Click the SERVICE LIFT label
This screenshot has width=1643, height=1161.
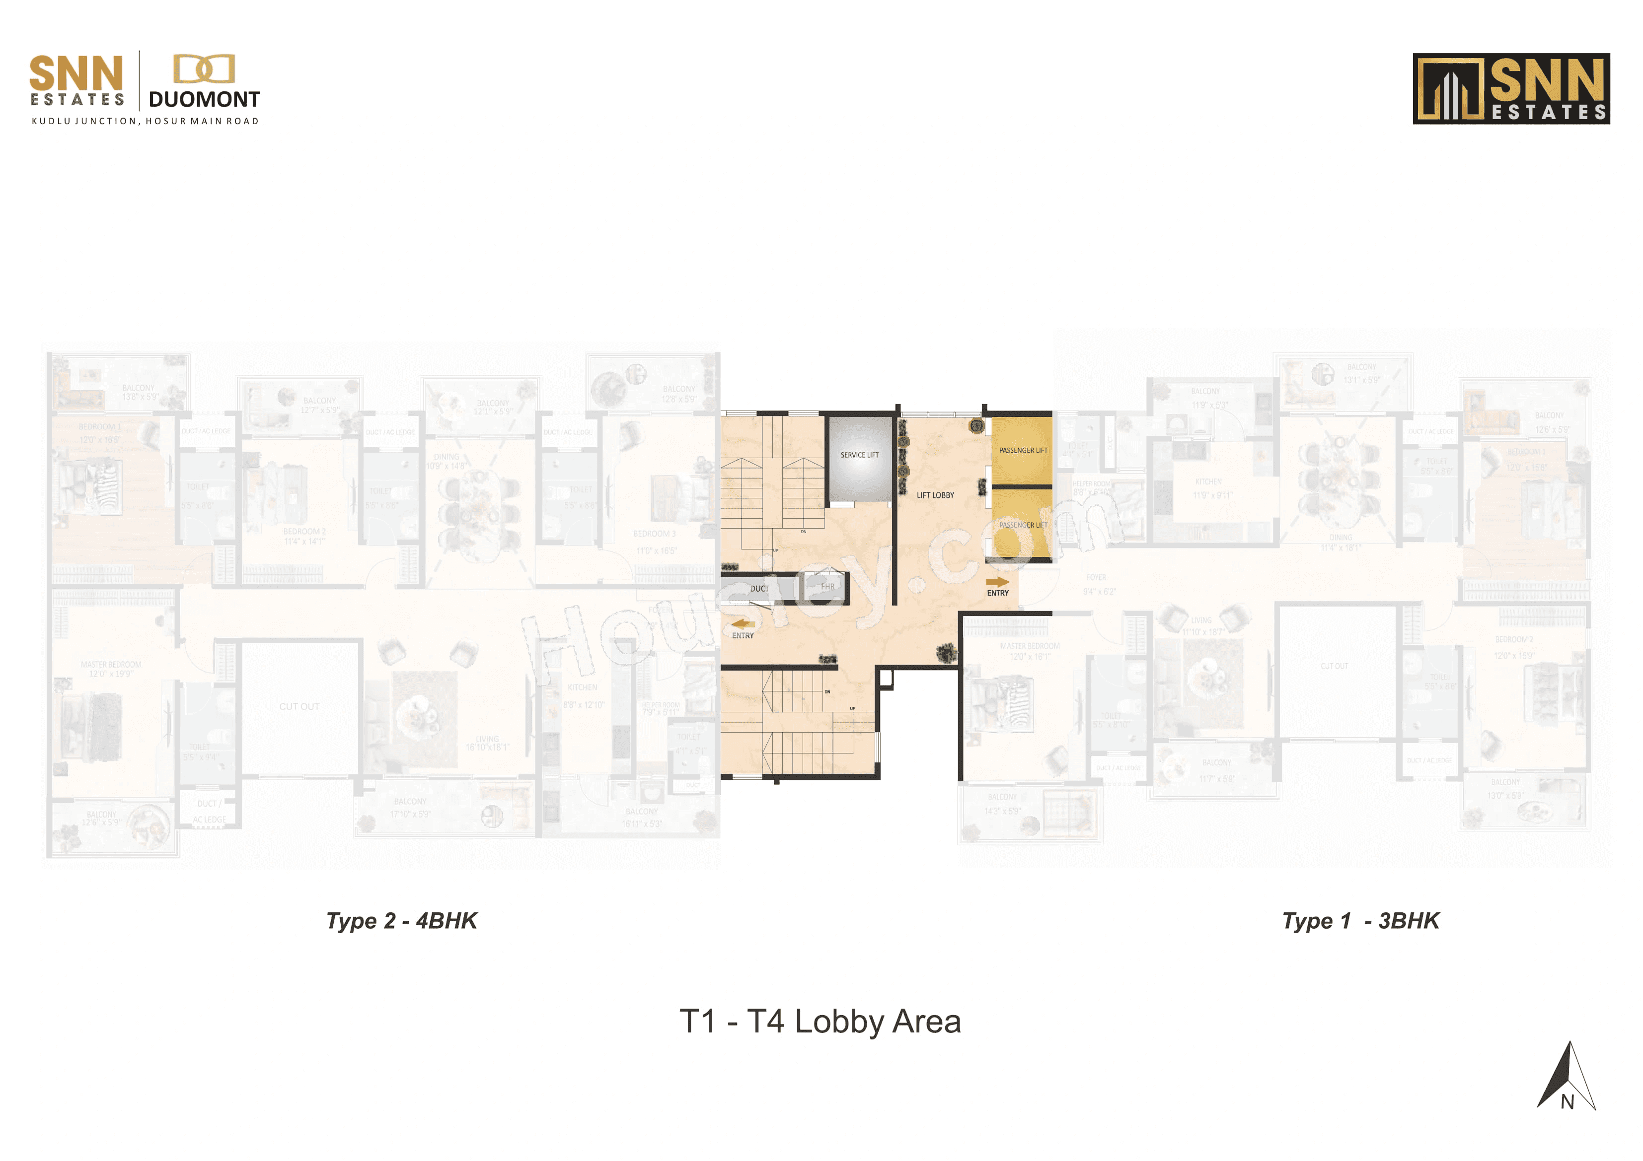tap(859, 455)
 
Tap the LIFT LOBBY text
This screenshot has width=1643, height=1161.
tap(935, 495)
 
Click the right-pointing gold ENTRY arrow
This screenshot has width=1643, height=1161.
tap(997, 582)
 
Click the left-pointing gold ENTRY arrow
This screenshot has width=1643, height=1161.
tap(743, 624)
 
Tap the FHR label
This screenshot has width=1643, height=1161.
tap(827, 587)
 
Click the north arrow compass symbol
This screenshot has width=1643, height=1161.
tap(1567, 1077)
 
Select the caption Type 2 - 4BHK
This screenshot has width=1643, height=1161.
tap(401, 921)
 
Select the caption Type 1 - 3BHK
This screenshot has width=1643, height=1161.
tap(1360, 921)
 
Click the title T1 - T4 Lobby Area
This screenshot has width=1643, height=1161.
tap(820, 1022)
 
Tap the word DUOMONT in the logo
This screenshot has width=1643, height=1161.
tap(204, 99)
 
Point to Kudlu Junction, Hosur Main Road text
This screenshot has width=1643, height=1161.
tap(145, 121)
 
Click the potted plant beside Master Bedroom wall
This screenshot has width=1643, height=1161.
tap(946, 652)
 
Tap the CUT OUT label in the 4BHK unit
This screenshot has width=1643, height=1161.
tap(299, 706)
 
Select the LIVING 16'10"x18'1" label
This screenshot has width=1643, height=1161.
tap(487, 743)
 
